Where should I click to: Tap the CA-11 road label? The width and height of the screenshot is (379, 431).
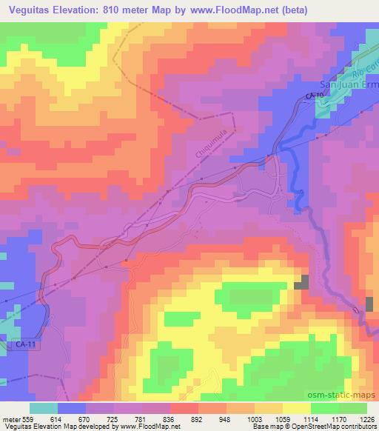[x=25, y=344]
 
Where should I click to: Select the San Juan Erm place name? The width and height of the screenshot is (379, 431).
[x=348, y=85]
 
